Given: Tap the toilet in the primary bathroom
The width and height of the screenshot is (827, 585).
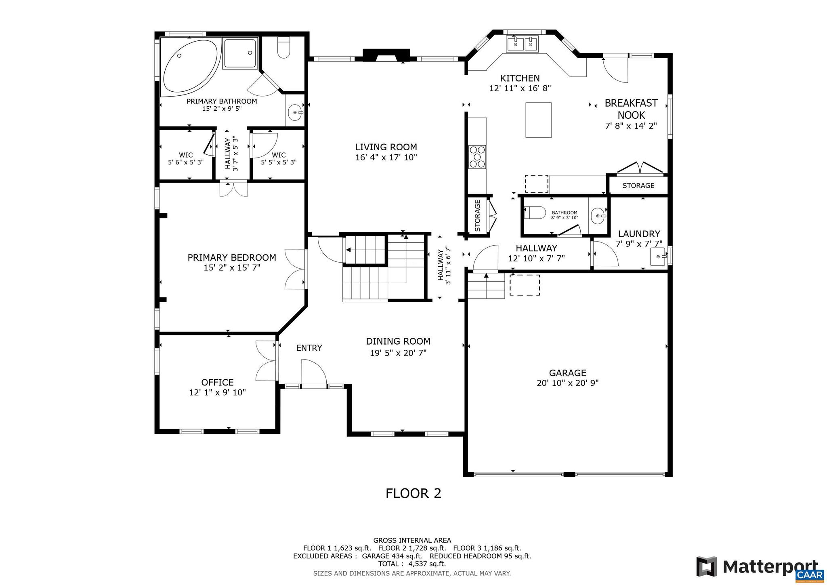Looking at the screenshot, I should (x=284, y=48).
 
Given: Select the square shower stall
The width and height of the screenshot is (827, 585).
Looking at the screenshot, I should (x=240, y=53).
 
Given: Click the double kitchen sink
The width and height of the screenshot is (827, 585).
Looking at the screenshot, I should (x=522, y=44).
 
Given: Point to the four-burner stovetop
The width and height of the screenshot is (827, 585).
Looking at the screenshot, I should (x=477, y=157).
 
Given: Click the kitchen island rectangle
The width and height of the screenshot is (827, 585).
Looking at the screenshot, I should (x=538, y=120).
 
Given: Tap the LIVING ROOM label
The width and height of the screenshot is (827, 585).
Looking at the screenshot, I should (x=386, y=147).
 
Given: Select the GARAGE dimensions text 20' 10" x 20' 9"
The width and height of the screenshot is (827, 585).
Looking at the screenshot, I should (x=567, y=383).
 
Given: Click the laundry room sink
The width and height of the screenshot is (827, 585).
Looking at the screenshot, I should (x=659, y=257).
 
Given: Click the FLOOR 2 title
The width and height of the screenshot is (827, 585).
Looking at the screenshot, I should (x=413, y=493).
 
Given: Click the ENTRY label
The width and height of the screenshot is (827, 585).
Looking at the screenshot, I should (x=309, y=348).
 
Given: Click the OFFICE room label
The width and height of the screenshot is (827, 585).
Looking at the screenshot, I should (x=217, y=382).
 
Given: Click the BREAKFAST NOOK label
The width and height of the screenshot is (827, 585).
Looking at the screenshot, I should (x=631, y=109).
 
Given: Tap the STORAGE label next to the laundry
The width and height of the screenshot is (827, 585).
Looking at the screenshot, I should (x=638, y=185).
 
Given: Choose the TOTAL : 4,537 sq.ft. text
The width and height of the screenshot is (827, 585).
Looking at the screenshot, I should (x=412, y=564).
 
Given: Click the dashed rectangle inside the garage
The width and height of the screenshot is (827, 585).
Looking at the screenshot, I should (x=525, y=285).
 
